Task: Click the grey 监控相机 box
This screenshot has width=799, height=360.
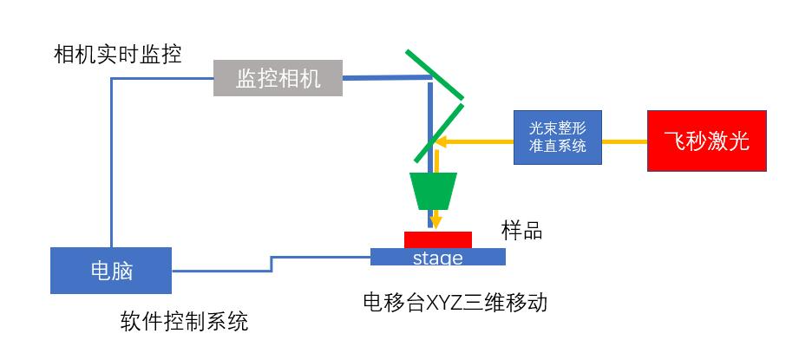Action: coord(278,79)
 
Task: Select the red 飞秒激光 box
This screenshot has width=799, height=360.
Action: coord(706,141)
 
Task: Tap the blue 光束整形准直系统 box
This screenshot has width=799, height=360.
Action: coord(557,137)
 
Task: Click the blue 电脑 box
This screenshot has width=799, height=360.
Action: coord(111,271)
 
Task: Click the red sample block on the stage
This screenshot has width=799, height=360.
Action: coord(437,239)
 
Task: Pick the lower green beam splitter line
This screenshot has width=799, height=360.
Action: coord(439,133)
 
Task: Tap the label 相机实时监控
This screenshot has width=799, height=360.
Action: coord(118,56)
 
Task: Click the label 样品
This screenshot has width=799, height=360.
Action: coord(521,231)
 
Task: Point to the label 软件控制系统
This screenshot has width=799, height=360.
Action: coord(184,322)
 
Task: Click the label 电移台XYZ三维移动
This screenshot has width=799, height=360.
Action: coord(455,303)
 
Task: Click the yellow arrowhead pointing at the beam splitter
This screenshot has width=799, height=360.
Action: coord(442,141)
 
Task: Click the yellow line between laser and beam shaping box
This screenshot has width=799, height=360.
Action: coord(625,141)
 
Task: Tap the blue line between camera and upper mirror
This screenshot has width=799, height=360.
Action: coord(386,79)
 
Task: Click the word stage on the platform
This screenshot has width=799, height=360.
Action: coord(437,259)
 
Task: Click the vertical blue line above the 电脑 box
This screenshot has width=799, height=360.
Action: coord(112,165)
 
